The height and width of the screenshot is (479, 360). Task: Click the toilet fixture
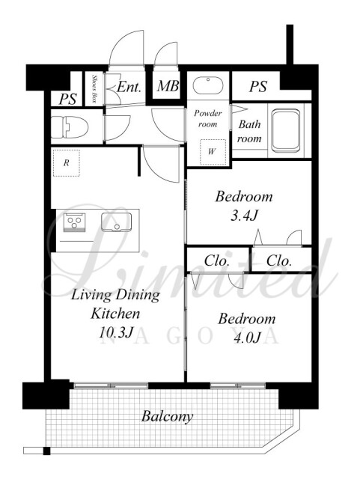70,126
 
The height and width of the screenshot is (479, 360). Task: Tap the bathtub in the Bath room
286,131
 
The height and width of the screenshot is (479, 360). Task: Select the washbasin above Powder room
208,85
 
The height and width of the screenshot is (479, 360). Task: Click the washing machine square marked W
213,152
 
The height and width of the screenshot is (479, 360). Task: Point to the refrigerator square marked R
67,163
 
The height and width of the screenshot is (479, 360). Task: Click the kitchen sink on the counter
117,222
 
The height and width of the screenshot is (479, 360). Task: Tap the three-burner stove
75,222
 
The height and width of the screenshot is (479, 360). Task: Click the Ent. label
129,88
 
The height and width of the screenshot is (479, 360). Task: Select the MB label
168,86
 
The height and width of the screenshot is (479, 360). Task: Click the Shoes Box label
94,89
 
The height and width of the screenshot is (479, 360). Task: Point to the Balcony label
167,417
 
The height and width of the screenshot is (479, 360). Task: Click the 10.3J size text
116,332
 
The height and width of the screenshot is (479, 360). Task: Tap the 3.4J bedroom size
244,216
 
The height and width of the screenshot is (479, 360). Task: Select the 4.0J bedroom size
247,338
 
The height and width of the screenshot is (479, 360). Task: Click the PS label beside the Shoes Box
68,99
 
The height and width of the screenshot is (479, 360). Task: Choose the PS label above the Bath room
258,87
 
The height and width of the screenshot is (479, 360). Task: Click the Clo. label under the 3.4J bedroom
278,260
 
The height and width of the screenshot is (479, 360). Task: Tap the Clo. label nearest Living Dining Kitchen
216,260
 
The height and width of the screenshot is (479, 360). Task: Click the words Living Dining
115,296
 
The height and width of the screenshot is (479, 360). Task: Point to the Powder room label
208,118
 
